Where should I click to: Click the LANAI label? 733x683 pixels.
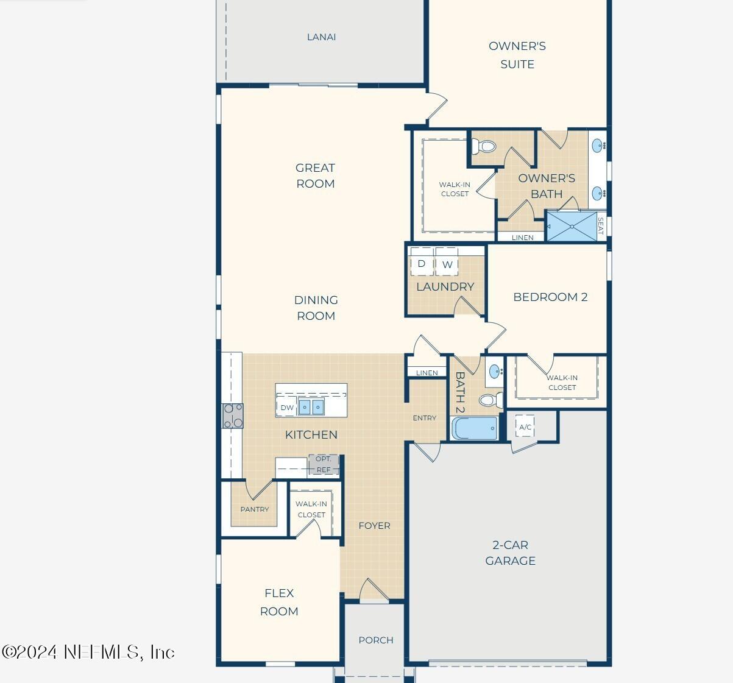[x=321, y=37]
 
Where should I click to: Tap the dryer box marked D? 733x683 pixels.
[x=421, y=264]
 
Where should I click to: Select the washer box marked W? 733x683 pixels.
[x=447, y=264]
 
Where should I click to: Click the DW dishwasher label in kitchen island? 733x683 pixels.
[x=287, y=408]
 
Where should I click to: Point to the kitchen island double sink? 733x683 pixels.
[x=311, y=407]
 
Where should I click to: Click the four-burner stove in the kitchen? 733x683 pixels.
[x=233, y=416]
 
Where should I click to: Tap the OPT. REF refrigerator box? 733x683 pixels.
[x=323, y=464]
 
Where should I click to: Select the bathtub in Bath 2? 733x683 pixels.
[x=475, y=428]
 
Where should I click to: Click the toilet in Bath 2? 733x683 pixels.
[x=490, y=400]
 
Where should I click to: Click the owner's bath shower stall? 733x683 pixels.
[x=572, y=226]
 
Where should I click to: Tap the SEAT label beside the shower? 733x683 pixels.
[x=601, y=226]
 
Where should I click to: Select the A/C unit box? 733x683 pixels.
[x=525, y=426]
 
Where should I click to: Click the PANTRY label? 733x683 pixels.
[x=255, y=509]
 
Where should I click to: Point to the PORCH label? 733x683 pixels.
[x=375, y=640]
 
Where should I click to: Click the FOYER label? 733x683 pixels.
[x=374, y=526]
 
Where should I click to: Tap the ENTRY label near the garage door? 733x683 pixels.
[x=424, y=418]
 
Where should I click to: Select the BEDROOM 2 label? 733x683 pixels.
[x=550, y=297]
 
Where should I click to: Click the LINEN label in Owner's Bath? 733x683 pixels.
[x=522, y=238]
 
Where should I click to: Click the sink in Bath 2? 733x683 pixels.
[x=495, y=371]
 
